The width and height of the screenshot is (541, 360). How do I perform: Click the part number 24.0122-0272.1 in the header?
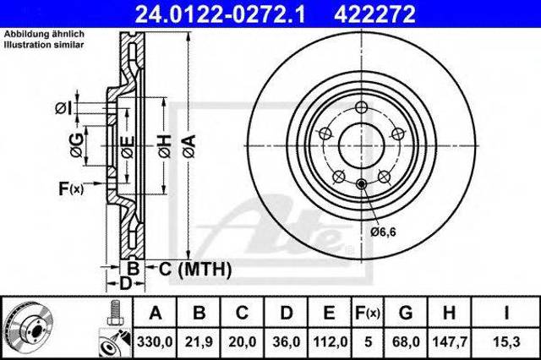pyautogui.click(x=220, y=14)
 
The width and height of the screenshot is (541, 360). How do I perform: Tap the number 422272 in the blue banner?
pyautogui.click(x=374, y=14)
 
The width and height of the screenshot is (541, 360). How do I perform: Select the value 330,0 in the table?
pyautogui.click(x=155, y=342)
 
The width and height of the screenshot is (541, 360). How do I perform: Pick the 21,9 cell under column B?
pyautogui.click(x=199, y=342)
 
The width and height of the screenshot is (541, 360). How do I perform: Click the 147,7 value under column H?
pyautogui.click(x=450, y=342)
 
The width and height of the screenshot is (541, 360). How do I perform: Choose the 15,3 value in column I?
pyautogui.click(x=506, y=342)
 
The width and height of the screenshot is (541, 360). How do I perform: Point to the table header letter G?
pyautogui.click(x=406, y=313)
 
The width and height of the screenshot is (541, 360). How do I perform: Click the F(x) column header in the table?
pyautogui.click(x=368, y=313)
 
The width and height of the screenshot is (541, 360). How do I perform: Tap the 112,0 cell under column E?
pyautogui.click(x=330, y=342)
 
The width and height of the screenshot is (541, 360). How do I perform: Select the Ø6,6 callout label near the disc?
pyautogui.click(x=383, y=232)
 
